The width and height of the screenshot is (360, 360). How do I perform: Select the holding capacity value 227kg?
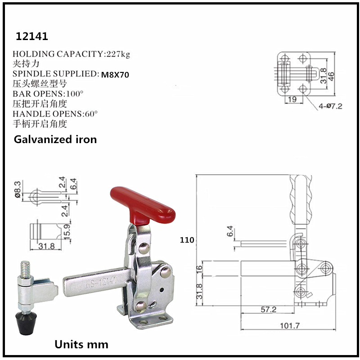click(117, 54)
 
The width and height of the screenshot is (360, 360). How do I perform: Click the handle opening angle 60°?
click(89, 113)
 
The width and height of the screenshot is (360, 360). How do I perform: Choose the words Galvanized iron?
click(55, 139)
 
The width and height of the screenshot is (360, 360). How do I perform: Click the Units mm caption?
click(81, 345)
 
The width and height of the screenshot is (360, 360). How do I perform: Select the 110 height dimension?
click(187, 240)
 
